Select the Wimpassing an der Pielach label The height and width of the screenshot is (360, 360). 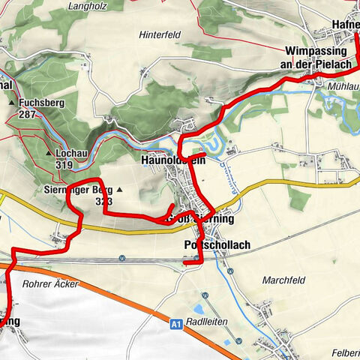[316, 58]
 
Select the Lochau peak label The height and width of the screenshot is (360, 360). [71, 153]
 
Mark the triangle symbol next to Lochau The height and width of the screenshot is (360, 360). [50, 153]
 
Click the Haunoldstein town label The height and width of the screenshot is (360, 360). [172, 160]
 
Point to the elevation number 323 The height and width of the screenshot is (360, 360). [103, 202]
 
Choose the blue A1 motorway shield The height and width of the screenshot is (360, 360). [175, 324]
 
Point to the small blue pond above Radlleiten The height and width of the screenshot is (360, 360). [201, 307]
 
